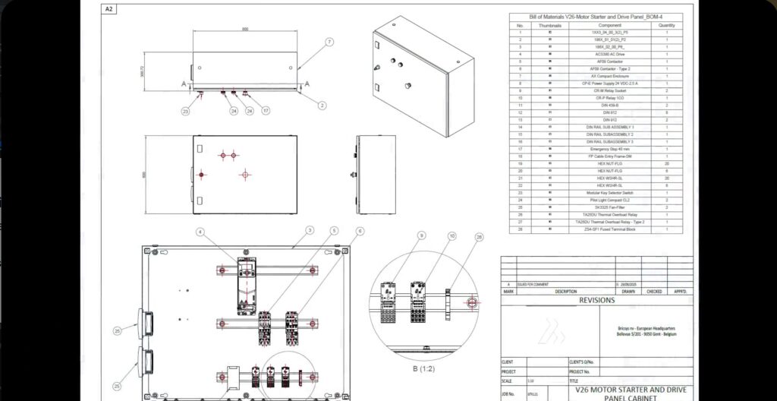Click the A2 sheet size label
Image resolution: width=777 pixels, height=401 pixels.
tap(109, 9)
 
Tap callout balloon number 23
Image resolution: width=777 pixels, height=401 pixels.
tap(184, 110)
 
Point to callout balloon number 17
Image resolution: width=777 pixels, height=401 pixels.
tap(266, 110)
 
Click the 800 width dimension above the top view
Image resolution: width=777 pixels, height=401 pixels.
tap(245, 29)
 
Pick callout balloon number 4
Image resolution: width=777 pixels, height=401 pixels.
tap(200, 231)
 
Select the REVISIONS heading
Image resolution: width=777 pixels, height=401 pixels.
tap(596, 300)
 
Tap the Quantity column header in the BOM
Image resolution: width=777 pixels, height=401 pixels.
tap(667, 25)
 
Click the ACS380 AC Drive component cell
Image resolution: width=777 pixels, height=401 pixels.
tap(611, 54)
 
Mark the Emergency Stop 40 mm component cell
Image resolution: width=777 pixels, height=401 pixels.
tap(611, 149)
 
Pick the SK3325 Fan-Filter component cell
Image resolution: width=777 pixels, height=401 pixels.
tap(611, 207)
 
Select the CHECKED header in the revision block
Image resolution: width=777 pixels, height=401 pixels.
tap(654, 290)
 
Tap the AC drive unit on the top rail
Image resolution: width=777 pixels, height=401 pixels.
tap(247, 286)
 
